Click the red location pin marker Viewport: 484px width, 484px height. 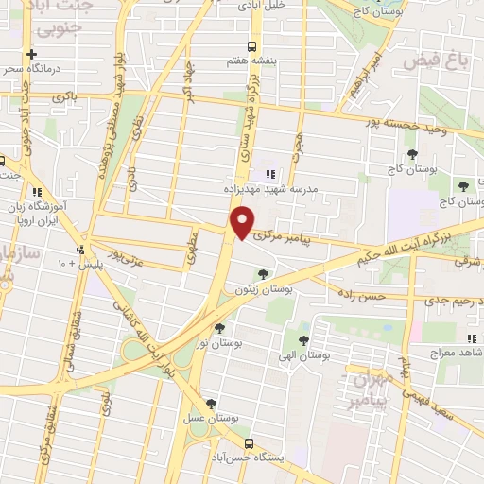[243, 223]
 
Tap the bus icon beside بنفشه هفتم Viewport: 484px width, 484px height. [252, 45]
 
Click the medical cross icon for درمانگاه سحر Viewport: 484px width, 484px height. [32, 54]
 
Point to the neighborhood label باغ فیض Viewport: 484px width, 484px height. [437, 61]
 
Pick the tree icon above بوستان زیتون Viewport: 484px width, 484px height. [263, 274]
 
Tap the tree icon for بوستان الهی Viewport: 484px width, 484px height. [303, 339]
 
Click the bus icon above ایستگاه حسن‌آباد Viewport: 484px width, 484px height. [249, 442]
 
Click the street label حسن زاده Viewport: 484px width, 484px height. [365, 296]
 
